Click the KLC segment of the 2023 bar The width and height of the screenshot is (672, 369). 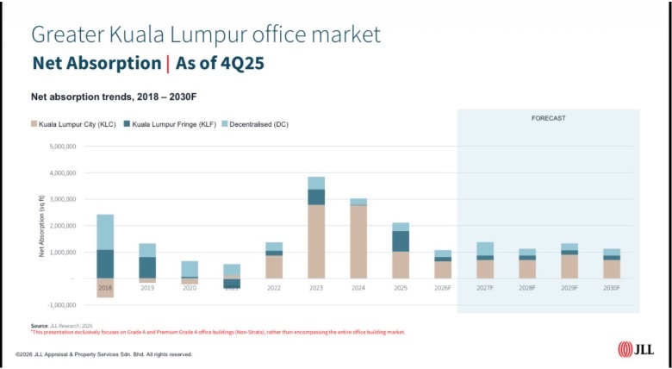tap(316, 241)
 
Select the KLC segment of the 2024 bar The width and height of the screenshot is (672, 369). tap(358, 241)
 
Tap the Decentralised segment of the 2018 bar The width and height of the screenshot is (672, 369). tap(105, 232)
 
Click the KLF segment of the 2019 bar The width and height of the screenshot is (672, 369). tap(147, 267)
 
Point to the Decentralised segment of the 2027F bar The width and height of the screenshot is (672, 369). tap(485, 249)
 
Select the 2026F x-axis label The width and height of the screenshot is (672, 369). tap(443, 287)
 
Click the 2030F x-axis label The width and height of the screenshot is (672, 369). tap(612, 287)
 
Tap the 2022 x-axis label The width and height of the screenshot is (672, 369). tap(274, 287)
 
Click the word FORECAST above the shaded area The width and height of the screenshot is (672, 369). tap(548, 117)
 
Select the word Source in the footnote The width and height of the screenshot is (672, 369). tap(38, 325)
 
